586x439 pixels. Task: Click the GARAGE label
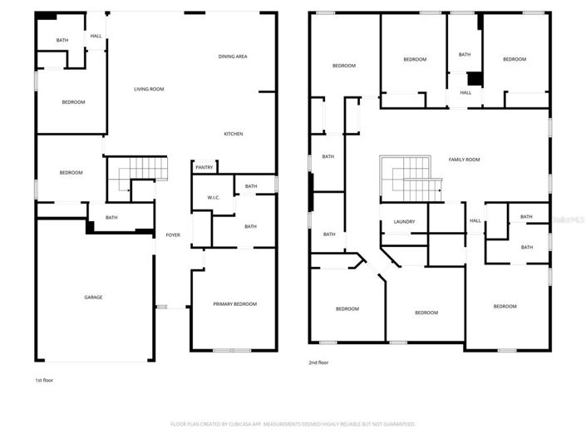92,297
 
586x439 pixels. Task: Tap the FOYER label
173,235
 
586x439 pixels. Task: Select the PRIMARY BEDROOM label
234,304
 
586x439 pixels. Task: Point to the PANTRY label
204,167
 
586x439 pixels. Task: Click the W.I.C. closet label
213,197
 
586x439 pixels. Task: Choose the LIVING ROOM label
149,89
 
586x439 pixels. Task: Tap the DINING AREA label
233,57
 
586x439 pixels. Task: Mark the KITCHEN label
233,134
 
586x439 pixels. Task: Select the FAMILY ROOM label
464,160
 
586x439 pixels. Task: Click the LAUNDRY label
404,221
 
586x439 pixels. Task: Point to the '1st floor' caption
45,380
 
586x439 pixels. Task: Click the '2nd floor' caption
319,363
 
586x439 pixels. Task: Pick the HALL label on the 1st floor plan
96,36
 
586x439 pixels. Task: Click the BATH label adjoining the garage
111,218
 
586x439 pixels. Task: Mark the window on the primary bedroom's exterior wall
223,350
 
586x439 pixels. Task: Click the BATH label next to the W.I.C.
251,186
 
